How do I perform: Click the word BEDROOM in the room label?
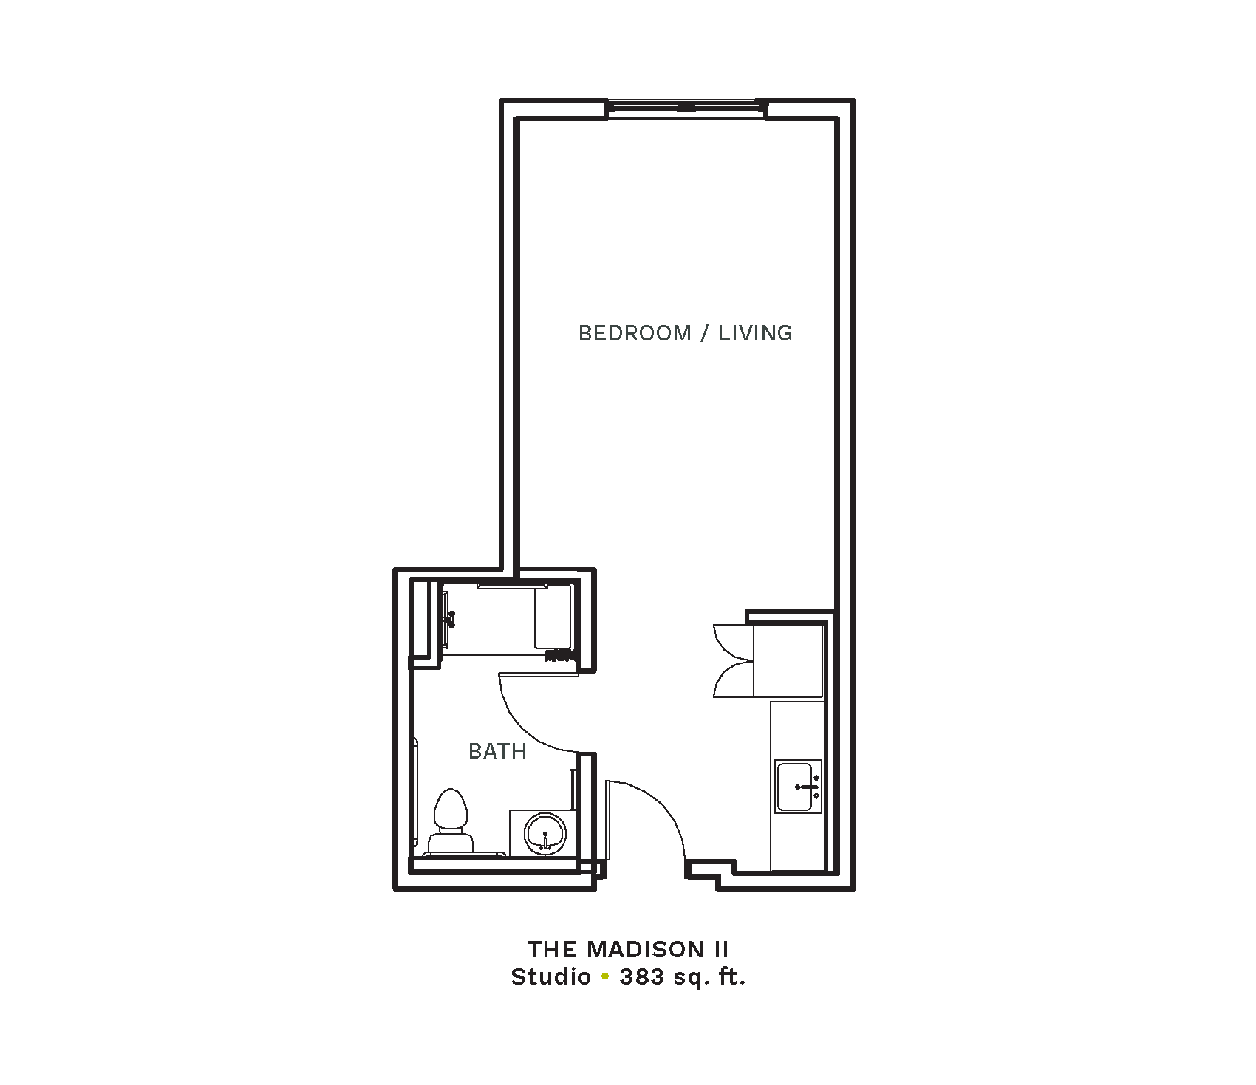pos(635,333)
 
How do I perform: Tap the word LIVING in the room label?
pos(755,333)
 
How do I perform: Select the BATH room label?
pos(497,751)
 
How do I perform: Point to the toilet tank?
pos(451,843)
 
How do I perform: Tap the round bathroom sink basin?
pos(545,833)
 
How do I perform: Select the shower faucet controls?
pos(450,618)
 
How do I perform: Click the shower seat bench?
pos(553,617)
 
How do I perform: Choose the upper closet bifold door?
pos(731,641)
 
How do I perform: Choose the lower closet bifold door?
pos(731,679)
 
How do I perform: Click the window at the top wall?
pos(686,109)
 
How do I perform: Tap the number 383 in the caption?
pos(643,977)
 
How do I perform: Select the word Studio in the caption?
pos(551,977)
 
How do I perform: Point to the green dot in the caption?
pos(605,977)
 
